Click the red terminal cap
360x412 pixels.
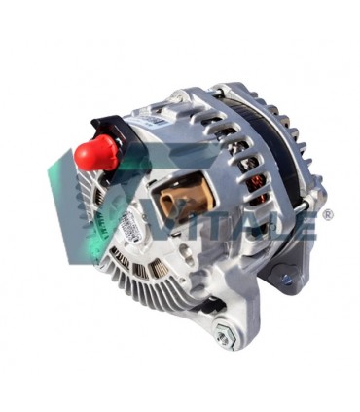click(95, 153)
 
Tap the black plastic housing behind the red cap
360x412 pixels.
click(110, 131)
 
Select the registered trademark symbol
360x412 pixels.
click(327, 214)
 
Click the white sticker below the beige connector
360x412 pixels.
click(131, 229)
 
